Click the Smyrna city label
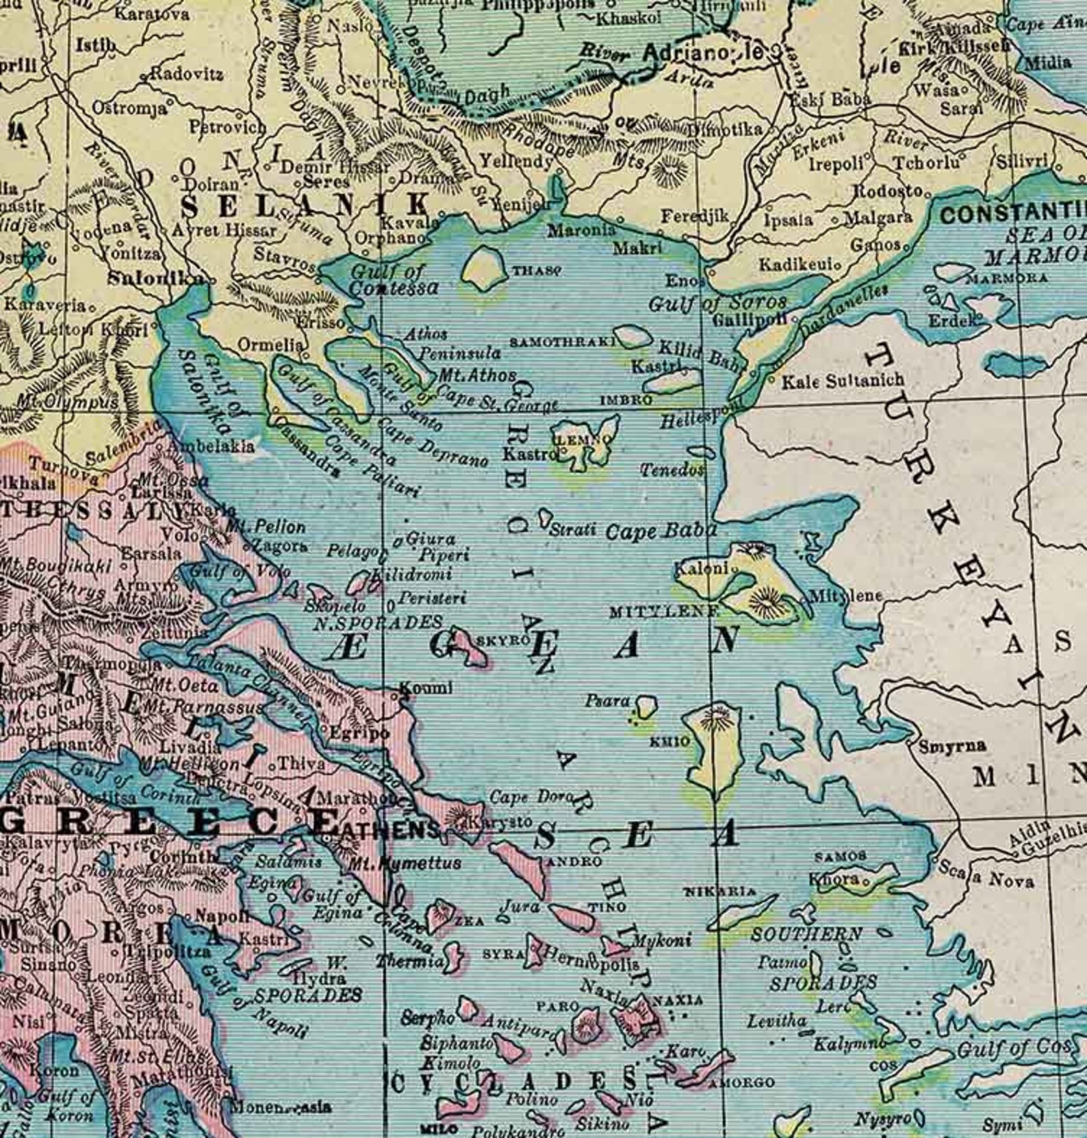pyautogui.click(x=952, y=746)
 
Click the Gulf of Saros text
pyautogui.click(x=717, y=302)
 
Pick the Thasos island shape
pyautogui.click(x=484, y=267)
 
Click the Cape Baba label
pyautogui.click(x=662, y=531)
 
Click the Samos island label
pyautogui.click(x=841, y=856)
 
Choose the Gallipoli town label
pyautogui.click(x=749, y=320)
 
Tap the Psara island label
pyautogui.click(x=607, y=701)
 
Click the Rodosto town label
pyautogui.click(x=888, y=191)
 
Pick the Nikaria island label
pyautogui.click(x=721, y=892)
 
